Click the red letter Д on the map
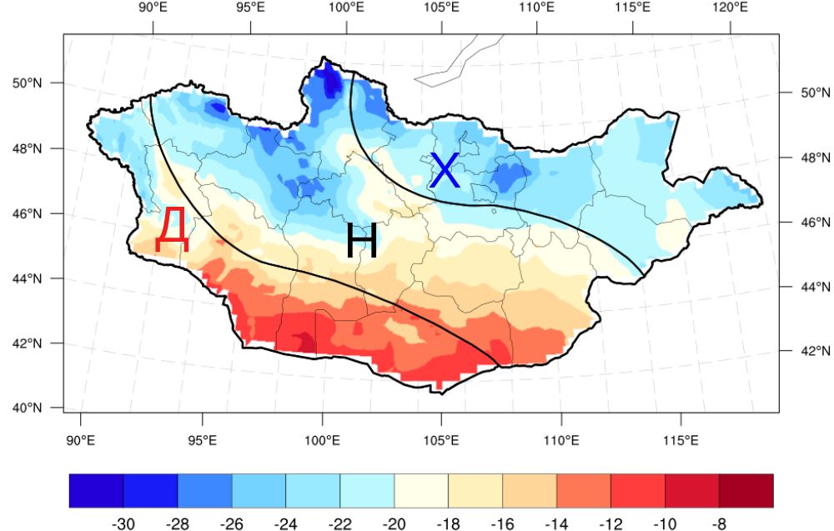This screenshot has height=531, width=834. (172, 230)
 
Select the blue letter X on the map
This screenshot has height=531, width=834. (445, 170)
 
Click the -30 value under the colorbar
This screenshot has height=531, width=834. (123, 523)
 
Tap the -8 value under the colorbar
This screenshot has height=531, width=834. (719, 523)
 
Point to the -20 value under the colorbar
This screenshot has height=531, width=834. (394, 523)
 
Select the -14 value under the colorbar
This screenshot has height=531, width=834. (556, 523)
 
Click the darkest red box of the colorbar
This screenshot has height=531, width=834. (746, 491)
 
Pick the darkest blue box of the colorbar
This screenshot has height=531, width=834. (96, 491)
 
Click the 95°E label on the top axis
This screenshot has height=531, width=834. (249, 8)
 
